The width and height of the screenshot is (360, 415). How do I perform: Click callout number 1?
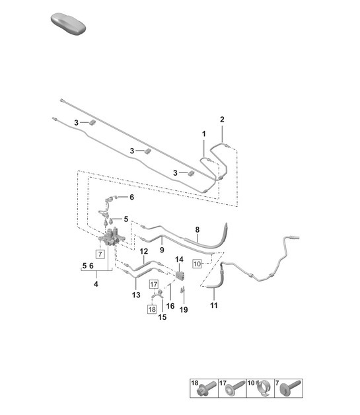pos(204,134)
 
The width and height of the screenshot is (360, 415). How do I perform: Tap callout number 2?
pos(222,120)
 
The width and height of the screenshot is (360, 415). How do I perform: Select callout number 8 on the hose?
pos(196,230)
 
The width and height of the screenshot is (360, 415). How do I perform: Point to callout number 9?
pos(162,250)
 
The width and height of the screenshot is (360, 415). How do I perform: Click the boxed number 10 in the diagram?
pos(197,264)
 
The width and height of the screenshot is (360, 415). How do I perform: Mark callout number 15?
pos(162,317)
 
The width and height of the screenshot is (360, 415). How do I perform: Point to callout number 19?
pos(184,309)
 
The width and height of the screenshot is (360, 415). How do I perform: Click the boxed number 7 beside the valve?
pos(99,254)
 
